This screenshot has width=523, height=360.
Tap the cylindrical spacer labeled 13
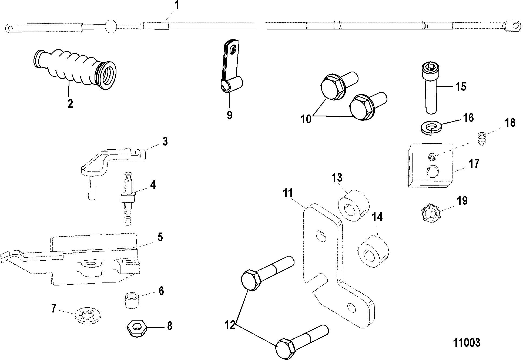pyautogui.click(x=354, y=206)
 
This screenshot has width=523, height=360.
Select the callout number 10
pyautogui.click(x=306, y=119)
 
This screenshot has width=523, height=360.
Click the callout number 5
pyautogui.click(x=160, y=237)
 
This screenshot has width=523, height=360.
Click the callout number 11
pyautogui.click(x=288, y=193)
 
